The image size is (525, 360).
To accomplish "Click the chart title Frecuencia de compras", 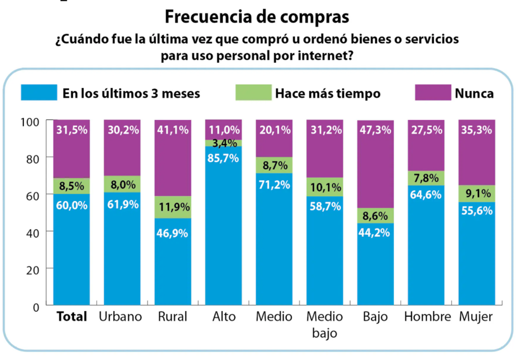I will (x=256, y=17).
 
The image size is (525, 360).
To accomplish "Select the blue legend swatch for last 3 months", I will (x=39, y=92).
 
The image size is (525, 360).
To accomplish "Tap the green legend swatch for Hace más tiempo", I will (x=253, y=92).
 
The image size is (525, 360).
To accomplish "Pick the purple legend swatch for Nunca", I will (x=433, y=92).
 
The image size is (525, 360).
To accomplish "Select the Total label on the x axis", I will (x=72, y=317).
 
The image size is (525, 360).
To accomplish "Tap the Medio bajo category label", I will (x=325, y=324).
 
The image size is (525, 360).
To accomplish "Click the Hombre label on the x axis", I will (x=427, y=317).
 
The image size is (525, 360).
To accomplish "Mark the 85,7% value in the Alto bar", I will (x=223, y=158).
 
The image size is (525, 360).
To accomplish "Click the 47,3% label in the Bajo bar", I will (x=375, y=130).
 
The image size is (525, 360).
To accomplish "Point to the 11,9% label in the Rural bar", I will (x=172, y=208).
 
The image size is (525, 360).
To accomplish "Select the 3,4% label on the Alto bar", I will (x=224, y=143).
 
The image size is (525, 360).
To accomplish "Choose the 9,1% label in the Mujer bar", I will (x=477, y=194).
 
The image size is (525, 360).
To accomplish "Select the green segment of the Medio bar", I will (x=274, y=165).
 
